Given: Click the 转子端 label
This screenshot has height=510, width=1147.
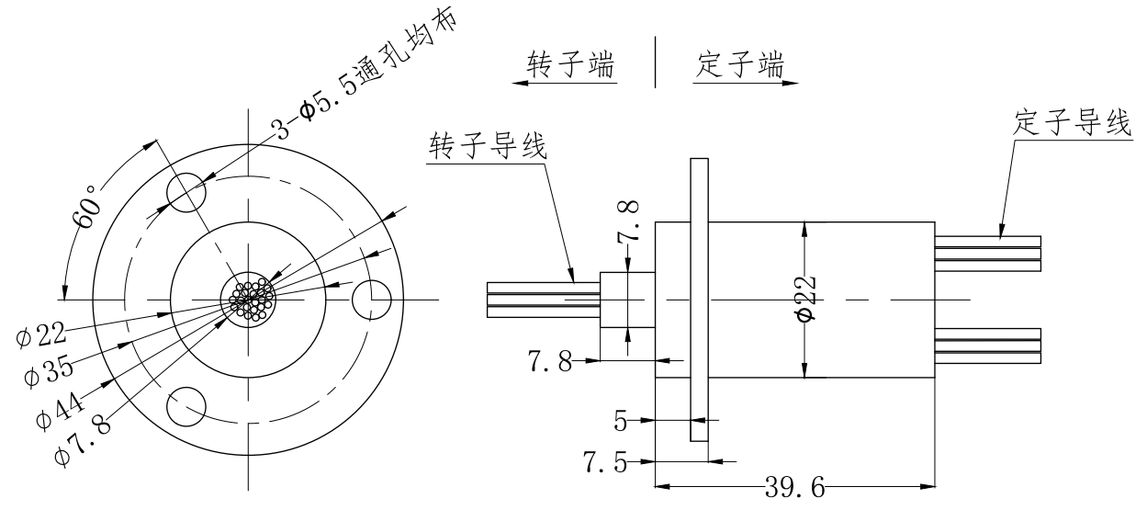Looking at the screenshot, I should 570,64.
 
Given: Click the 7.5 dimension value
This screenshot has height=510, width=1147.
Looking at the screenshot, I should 607,462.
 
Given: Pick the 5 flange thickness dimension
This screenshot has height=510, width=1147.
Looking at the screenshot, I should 622,421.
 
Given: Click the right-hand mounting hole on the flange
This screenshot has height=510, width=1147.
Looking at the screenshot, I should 373,300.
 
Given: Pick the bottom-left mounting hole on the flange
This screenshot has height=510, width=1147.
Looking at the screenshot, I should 186,406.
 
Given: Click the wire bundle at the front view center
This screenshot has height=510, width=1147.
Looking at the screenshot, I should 249,300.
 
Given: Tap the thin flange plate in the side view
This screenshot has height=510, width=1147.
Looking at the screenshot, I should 699,300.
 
